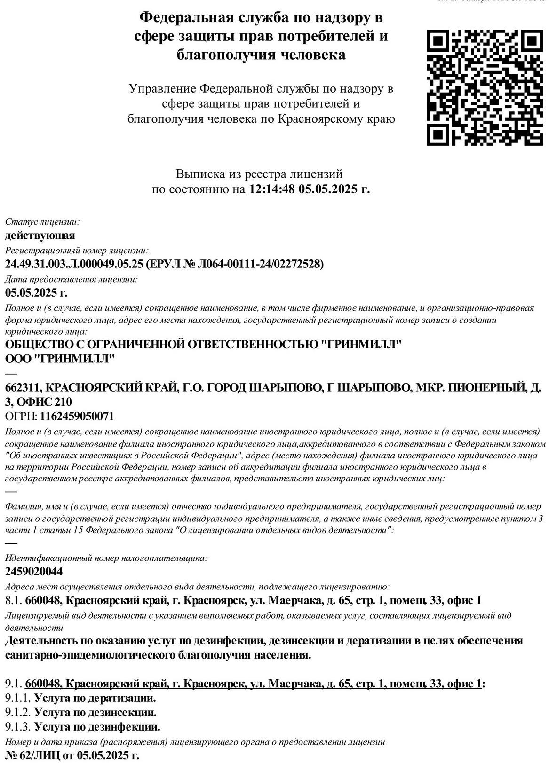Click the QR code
(x=484, y=87)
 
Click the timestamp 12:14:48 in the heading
(x=271, y=189)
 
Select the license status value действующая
(x=40, y=235)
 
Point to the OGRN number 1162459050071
(x=77, y=416)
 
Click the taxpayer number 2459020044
(x=34, y=572)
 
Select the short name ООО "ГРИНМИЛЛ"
(x=60, y=359)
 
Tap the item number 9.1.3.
(x=18, y=727)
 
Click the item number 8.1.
(x=13, y=600)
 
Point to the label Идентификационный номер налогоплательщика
(x=106, y=558)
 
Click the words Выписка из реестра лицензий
(x=259, y=174)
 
